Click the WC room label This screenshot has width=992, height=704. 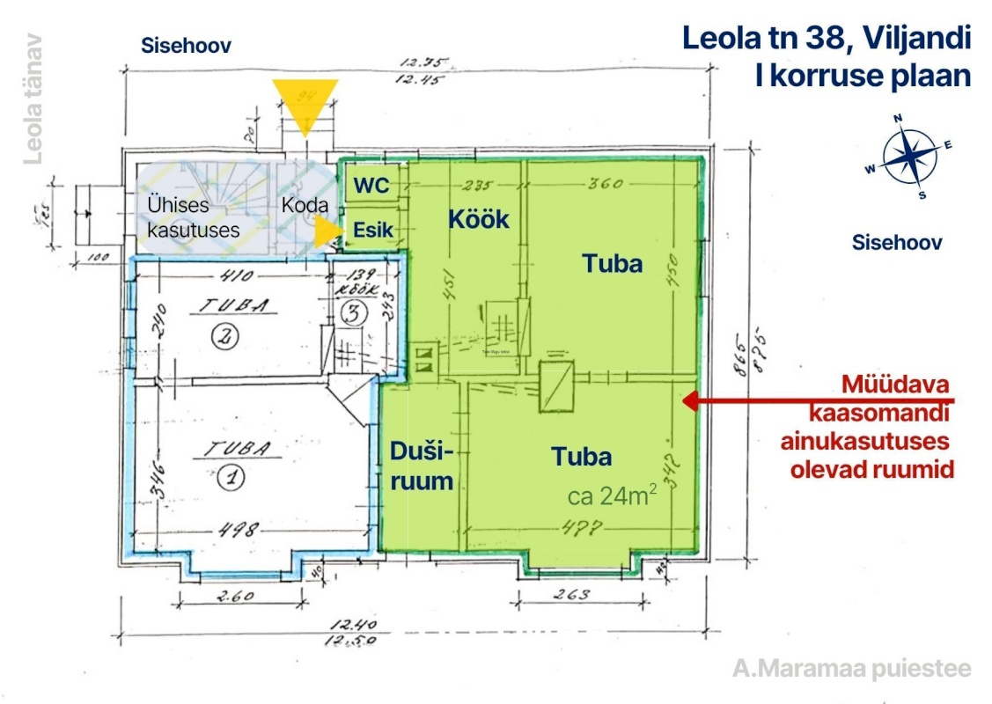tap(371, 186)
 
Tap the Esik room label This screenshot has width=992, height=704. tap(372, 230)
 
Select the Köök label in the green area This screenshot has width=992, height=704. tap(479, 218)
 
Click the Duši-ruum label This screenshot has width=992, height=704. tap(423, 467)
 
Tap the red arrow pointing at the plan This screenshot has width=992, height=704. tap(757, 401)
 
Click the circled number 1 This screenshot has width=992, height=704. tap(231, 479)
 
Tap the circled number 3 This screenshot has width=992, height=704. tap(352, 312)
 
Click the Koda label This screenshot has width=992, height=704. tap(305, 205)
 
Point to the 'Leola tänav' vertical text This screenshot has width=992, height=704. tap(34, 99)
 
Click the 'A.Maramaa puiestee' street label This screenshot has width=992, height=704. tap(852, 668)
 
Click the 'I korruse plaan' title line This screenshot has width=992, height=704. tap(863, 76)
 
